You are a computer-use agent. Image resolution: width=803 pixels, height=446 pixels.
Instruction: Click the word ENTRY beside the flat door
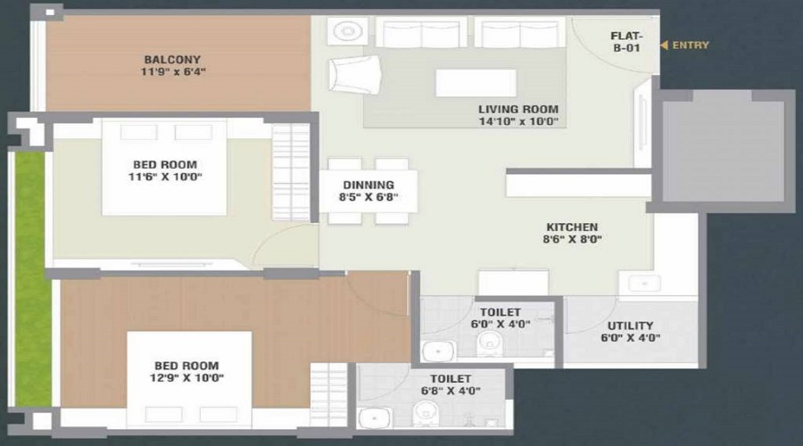tap(691, 45)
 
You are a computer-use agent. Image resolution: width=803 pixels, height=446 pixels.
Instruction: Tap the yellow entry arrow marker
tap(664, 45)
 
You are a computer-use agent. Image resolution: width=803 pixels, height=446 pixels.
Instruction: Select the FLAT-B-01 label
tap(626, 41)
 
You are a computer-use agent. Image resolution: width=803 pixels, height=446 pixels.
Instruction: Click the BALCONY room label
tap(172, 60)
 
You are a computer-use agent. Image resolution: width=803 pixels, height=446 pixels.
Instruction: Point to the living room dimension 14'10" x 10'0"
tap(518, 121)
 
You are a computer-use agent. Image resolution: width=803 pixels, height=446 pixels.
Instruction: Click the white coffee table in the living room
tap(476, 82)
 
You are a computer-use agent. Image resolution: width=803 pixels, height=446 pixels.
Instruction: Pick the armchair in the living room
tap(354, 75)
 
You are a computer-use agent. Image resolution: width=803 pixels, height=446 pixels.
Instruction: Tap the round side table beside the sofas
tap(348, 31)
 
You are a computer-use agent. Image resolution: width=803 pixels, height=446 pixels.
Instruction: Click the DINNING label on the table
tap(368, 185)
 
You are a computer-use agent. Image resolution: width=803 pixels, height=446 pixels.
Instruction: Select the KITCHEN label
tap(572, 227)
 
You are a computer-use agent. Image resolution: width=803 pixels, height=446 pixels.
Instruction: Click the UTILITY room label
tap(630, 326)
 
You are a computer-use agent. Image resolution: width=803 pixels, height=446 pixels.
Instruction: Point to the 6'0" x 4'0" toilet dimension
tap(501, 324)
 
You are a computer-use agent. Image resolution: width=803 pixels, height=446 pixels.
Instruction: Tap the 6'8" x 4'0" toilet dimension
tap(451, 391)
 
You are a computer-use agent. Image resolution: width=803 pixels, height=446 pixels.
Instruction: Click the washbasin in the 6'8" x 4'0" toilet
tap(375, 417)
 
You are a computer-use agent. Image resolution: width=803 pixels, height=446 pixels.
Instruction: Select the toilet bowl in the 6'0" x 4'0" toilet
tap(490, 343)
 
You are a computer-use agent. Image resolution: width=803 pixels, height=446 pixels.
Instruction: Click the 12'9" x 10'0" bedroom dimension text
tap(186, 378)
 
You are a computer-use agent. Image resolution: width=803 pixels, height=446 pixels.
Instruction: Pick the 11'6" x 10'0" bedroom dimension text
tap(165, 177)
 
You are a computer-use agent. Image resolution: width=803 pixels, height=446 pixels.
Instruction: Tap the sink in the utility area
tap(643, 283)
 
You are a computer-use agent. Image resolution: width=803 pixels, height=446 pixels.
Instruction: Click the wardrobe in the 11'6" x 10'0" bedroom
tap(291, 172)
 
